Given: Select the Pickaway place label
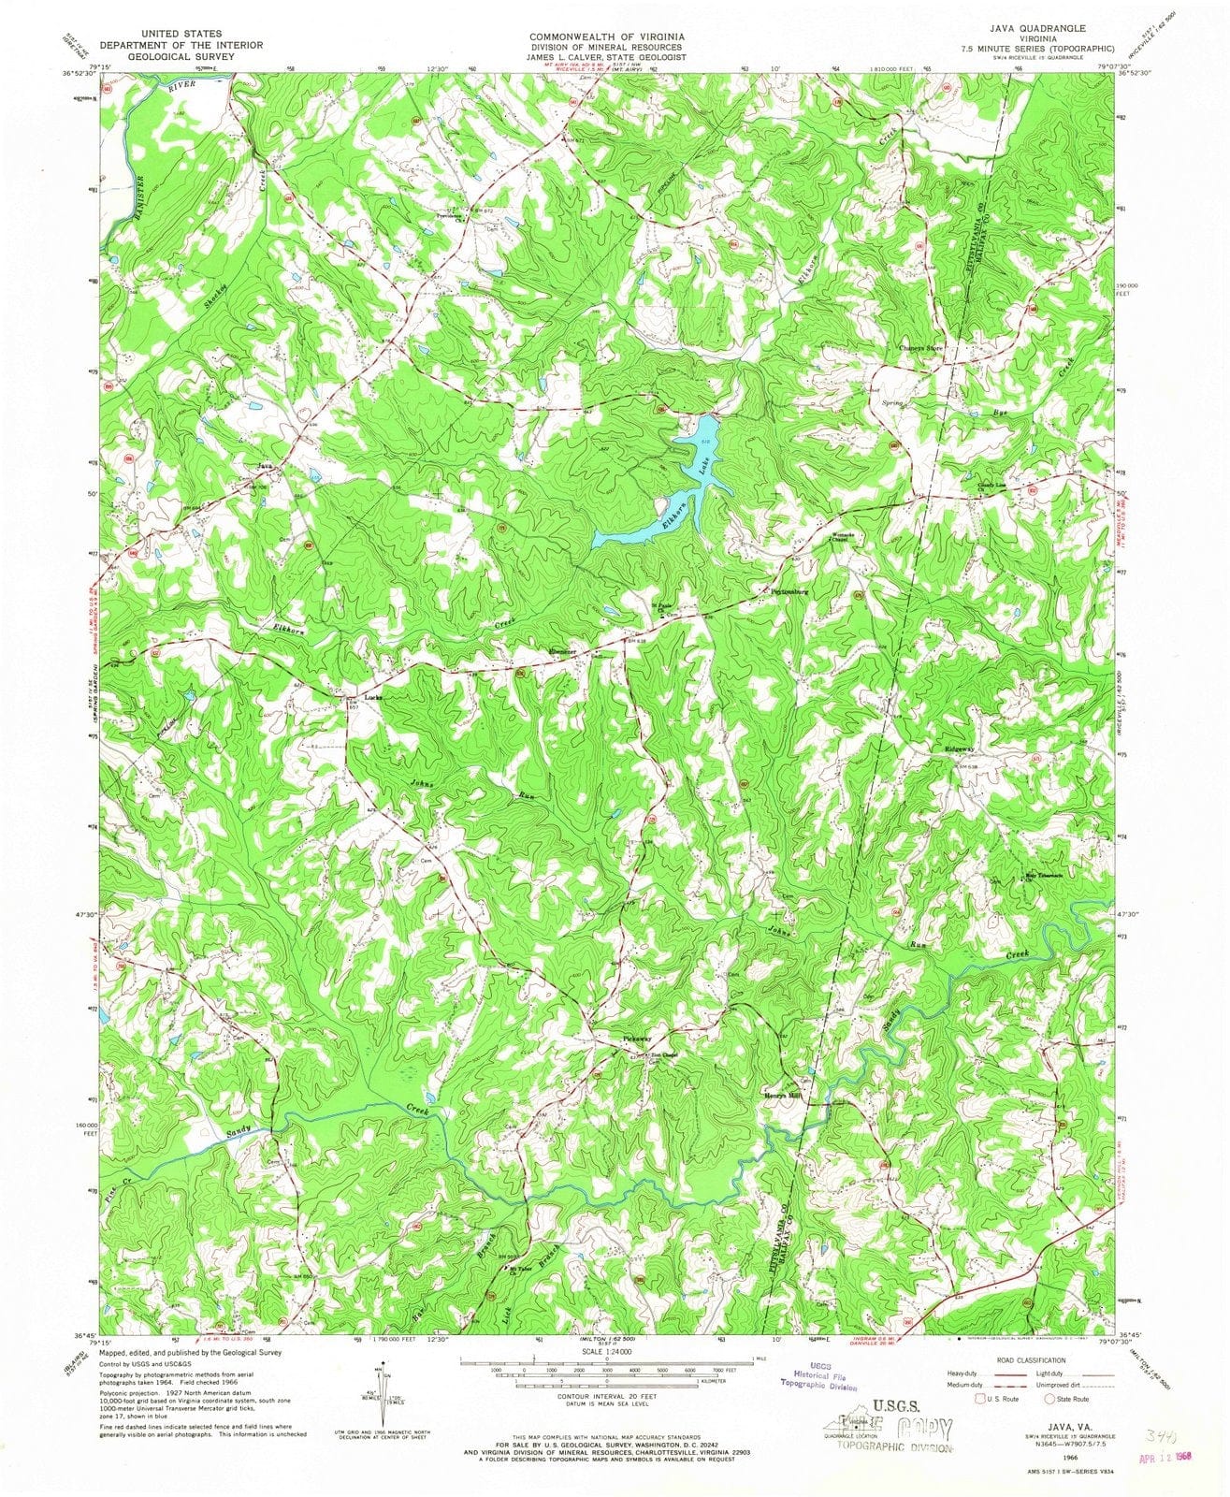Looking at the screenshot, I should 638,1039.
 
